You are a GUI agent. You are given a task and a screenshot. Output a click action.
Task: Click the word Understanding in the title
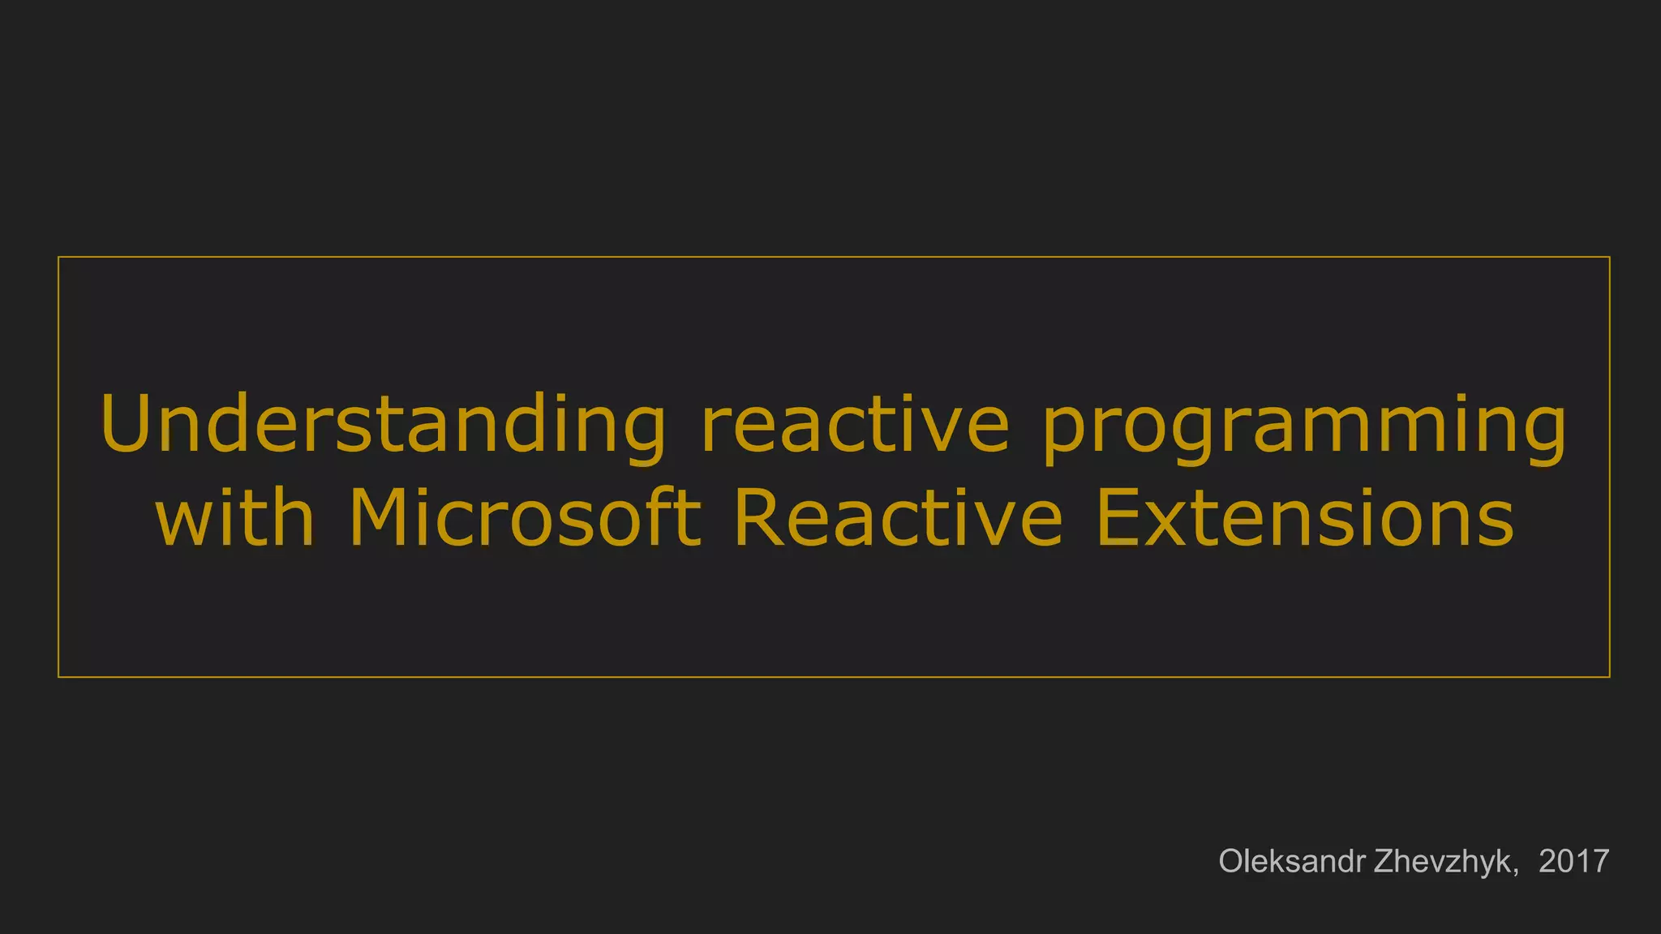382,426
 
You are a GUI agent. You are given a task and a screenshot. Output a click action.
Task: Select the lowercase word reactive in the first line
855,426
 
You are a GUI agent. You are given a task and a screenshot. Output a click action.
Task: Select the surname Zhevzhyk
1443,862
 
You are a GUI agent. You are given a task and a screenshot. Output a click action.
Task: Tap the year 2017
1573,861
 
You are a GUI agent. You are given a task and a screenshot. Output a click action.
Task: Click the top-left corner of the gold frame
58,257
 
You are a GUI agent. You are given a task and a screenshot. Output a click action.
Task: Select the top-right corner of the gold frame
1609,257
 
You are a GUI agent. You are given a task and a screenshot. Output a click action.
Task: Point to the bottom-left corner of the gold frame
58,676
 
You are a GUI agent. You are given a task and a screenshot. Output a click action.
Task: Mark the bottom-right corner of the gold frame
1609,676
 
